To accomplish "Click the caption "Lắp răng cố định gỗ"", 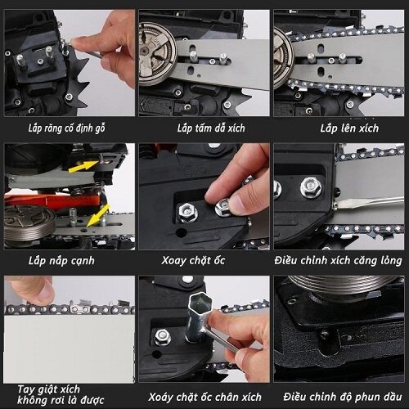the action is point(66,128).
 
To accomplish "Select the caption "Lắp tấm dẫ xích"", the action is point(211,128).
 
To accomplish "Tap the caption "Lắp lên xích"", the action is point(349,128).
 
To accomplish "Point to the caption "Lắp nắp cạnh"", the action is point(61,261).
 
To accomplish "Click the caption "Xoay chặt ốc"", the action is point(193,260).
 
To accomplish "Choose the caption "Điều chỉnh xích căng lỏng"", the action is point(338,260).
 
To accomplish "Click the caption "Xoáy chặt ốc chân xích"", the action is point(204,397).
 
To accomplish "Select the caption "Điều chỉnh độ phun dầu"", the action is point(343,397).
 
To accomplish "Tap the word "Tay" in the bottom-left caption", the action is point(26,389).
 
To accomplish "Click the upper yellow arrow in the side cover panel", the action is point(83,167).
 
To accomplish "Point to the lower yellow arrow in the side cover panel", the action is point(98,215).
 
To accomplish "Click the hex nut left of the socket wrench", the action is point(163,337).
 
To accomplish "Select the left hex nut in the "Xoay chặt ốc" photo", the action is point(187,212).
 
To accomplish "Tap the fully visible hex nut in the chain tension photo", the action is point(311,187).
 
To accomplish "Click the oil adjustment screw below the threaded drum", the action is point(326,335).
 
